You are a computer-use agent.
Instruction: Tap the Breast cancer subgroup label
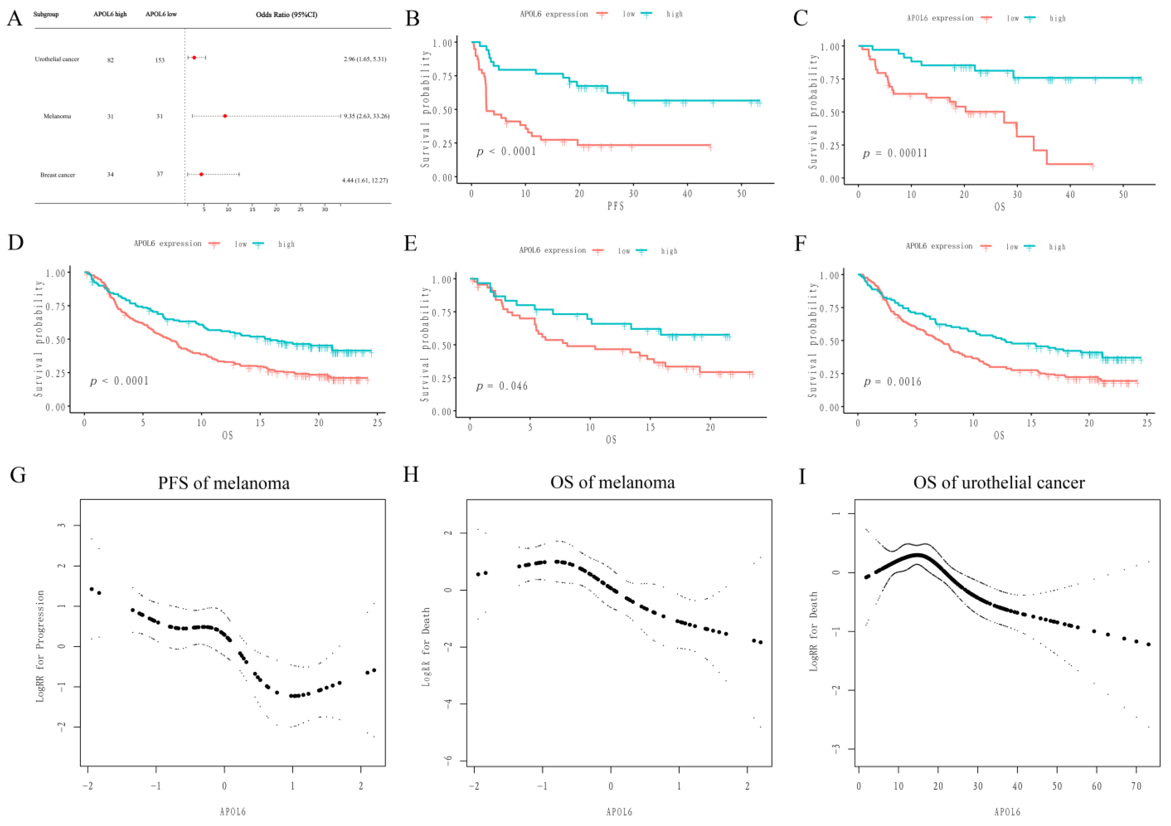[58, 175]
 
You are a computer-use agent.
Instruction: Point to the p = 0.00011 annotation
[895, 154]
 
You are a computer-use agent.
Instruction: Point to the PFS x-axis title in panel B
[616, 207]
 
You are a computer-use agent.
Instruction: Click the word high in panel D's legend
[286, 244]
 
